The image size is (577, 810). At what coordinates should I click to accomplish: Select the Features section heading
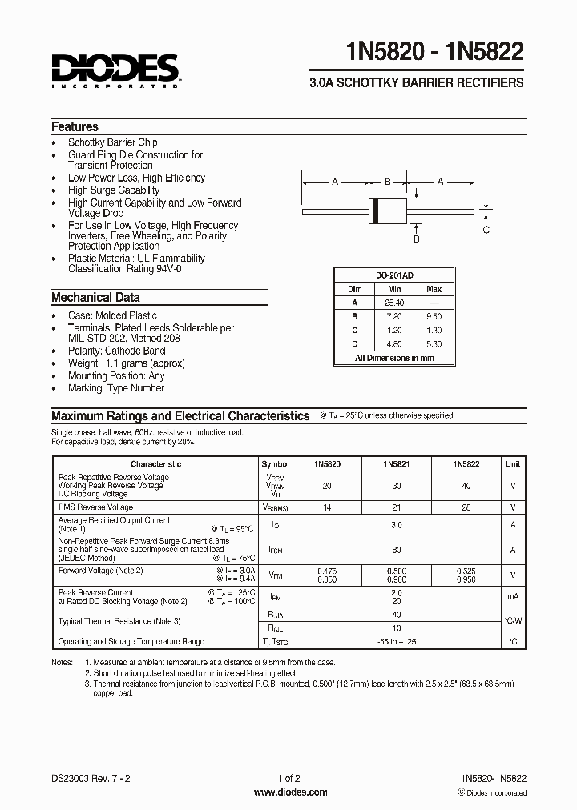pyautogui.click(x=75, y=126)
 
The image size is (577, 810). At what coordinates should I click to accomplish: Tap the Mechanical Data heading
pyautogui.click(x=95, y=297)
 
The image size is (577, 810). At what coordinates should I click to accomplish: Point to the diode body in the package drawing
pyautogui.click(x=386, y=211)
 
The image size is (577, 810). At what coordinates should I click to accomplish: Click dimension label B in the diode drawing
pyautogui.click(x=387, y=182)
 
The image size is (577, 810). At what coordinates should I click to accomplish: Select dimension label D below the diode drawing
pyautogui.click(x=416, y=239)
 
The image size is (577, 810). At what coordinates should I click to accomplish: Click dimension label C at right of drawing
pyautogui.click(x=486, y=231)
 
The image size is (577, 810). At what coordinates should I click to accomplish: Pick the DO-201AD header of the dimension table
pyautogui.click(x=394, y=275)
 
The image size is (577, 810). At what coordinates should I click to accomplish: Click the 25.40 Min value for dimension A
pyautogui.click(x=394, y=303)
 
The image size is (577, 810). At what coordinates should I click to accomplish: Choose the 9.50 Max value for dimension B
pyautogui.click(x=434, y=316)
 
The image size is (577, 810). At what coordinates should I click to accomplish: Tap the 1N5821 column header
pyautogui.click(x=397, y=463)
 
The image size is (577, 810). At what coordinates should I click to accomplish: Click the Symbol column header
pyautogui.click(x=275, y=463)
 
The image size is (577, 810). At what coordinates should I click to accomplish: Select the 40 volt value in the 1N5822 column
pyautogui.click(x=466, y=486)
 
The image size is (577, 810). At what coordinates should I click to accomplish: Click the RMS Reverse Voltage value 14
pyautogui.click(x=325, y=507)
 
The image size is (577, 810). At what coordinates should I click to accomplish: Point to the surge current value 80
pyautogui.click(x=396, y=550)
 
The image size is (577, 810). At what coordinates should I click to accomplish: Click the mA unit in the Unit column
pyautogui.click(x=512, y=596)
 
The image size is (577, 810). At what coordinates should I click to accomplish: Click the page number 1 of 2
pyautogui.click(x=288, y=778)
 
